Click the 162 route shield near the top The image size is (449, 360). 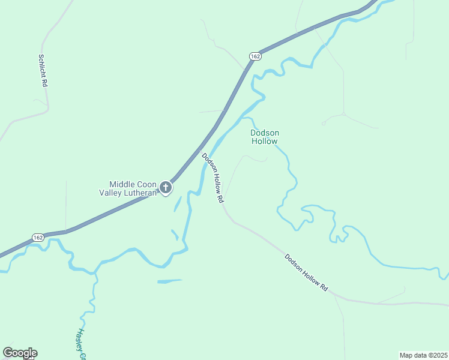[256, 56]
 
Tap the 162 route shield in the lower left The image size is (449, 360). [38, 237]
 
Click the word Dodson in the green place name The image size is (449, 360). [265, 133]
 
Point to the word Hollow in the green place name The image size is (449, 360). [265, 142]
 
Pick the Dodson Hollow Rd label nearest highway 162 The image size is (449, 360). [213, 178]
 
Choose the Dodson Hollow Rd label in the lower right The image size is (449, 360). [306, 274]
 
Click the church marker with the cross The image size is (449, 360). [166, 188]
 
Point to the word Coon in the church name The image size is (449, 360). [146, 184]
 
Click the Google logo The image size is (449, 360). [20, 353]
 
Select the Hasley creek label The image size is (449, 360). [81, 344]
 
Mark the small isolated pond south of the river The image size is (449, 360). [169, 281]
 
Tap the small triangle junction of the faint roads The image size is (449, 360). [343, 113]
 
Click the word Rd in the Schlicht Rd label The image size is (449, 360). [44, 83]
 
